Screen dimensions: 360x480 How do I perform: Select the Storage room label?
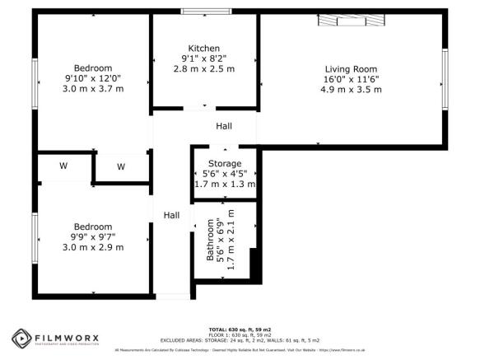click(225, 164)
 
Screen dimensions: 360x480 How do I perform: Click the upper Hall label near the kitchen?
click(224, 126)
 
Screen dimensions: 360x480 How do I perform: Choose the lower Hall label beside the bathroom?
click(171, 215)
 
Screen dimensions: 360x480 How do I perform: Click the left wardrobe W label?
click(63, 166)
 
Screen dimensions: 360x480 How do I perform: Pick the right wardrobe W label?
click(121, 167)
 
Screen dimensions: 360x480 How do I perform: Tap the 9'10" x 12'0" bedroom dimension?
click(93, 78)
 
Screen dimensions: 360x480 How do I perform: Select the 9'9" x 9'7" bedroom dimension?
click(93, 236)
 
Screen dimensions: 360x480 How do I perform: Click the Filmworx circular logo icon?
click(20, 338)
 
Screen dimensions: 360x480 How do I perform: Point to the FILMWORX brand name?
click(68, 336)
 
